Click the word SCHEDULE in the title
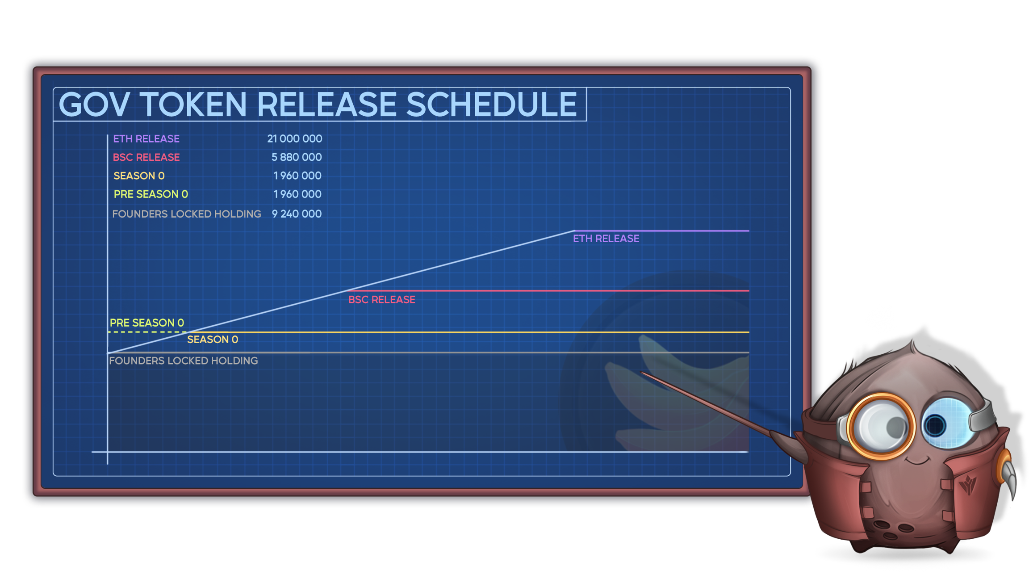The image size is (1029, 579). [491, 105]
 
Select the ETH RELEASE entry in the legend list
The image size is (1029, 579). [146, 139]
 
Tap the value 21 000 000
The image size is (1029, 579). [295, 139]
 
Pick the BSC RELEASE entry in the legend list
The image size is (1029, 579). [146, 157]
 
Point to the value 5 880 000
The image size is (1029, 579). [297, 157]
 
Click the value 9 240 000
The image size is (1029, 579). [297, 214]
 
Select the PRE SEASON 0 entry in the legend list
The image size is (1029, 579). [151, 194]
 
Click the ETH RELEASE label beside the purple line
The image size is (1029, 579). [606, 239]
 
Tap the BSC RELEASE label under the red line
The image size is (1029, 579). [382, 300]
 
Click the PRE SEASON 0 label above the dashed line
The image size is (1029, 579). [147, 323]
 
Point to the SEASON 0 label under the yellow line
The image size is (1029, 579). [213, 340]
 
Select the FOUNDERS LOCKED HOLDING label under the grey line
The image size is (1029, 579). [184, 361]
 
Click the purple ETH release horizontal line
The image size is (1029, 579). [661, 231]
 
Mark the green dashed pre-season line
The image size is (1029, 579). [147, 332]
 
